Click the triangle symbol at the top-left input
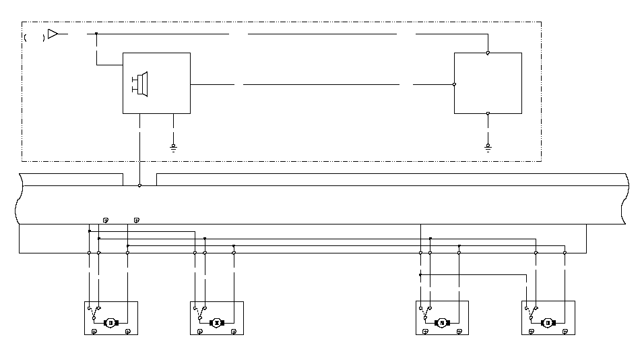tap(53, 33)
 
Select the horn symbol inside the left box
tap(141, 83)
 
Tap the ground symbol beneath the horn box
tap(174, 146)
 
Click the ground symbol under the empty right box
tap(488, 146)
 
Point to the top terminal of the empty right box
tap(488, 53)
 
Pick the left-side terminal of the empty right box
tap(455, 84)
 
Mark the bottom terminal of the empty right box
tap(488, 113)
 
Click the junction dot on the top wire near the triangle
tap(96, 33)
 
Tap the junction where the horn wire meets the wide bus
tap(139, 185)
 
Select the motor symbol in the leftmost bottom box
tap(111, 323)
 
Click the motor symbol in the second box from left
tap(217, 323)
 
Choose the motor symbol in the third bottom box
tap(443, 323)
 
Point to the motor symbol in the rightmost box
tap(548, 323)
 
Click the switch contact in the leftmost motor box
tap(94, 312)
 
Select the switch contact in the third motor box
tap(425, 312)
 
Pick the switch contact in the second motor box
tap(199, 312)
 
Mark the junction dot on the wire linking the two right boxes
tap(420, 275)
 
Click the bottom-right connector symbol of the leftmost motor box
tap(128, 332)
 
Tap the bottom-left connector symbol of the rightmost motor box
tap(531, 332)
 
